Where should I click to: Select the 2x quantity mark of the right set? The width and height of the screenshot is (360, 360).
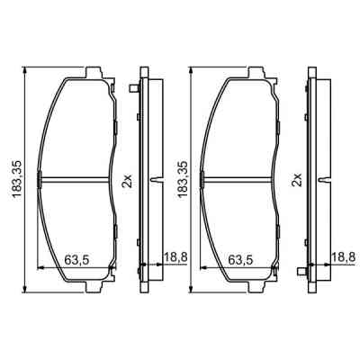[295, 180]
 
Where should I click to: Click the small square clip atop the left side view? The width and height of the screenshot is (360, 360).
[133, 87]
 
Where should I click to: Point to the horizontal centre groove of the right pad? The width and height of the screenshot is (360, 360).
[241, 176]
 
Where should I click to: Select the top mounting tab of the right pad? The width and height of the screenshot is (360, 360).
[256, 73]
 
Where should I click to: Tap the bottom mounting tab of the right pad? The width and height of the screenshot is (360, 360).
[256, 283]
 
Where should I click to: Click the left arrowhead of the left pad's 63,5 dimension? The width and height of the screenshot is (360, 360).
[40, 267]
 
